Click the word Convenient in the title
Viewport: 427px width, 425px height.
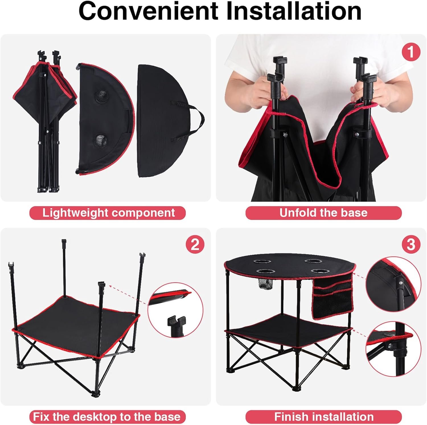coord(149,11)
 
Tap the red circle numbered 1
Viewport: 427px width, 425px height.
coord(411,52)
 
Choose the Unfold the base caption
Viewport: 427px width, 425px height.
coord(323,213)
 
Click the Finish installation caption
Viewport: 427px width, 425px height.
coord(323,417)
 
